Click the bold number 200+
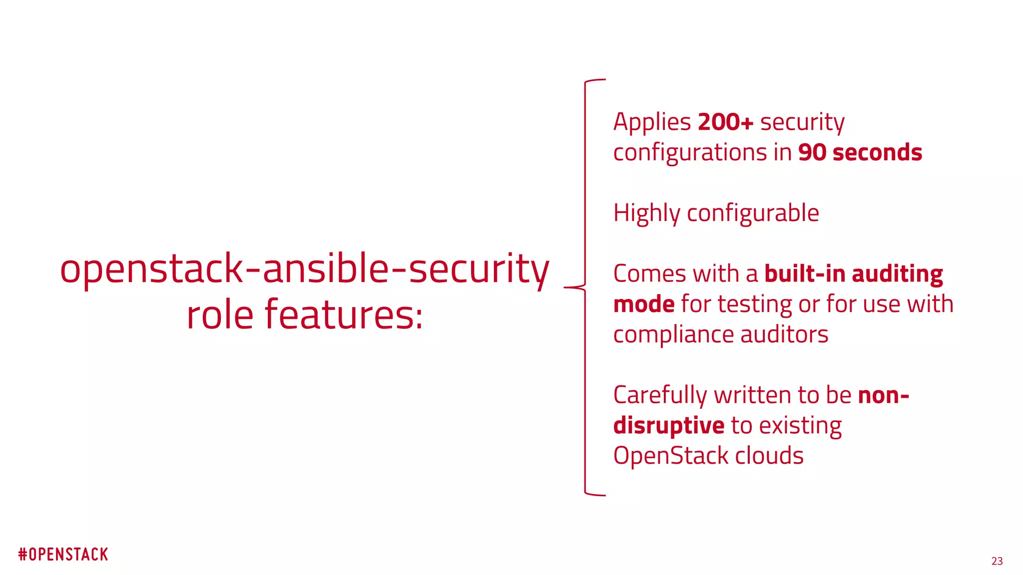click(x=725, y=122)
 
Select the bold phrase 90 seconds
click(x=860, y=153)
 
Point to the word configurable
click(x=753, y=214)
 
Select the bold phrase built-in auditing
click(x=853, y=275)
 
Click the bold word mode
click(x=644, y=304)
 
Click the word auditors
click(x=784, y=335)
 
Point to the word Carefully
click(x=660, y=396)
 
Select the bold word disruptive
click(x=668, y=426)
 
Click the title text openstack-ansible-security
click(x=304, y=270)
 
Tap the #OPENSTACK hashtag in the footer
click(x=63, y=555)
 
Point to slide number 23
click(x=997, y=562)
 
